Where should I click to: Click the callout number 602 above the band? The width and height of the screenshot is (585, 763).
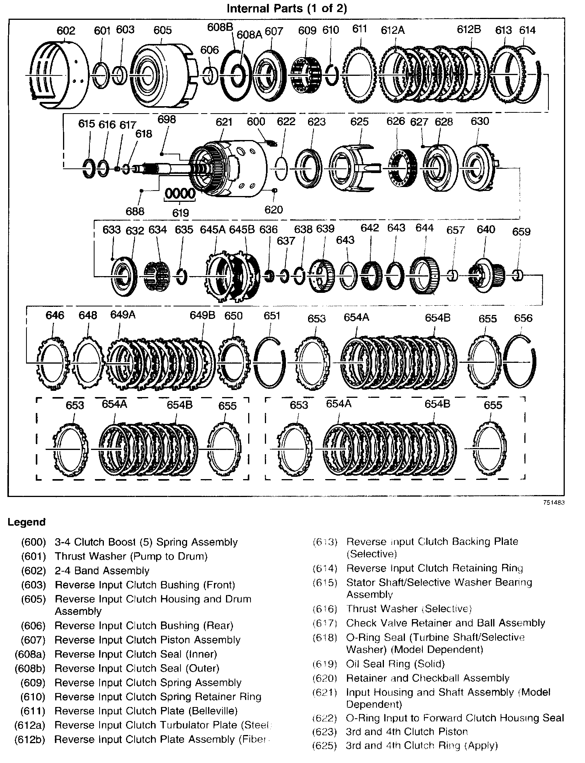66,31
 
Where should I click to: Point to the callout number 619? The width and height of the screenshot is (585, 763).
180,212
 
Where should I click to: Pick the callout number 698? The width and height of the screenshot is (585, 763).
167,119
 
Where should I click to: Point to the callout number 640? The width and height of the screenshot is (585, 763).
486,229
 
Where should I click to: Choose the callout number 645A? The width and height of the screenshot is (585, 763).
213,229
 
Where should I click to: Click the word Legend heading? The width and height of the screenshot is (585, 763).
26,522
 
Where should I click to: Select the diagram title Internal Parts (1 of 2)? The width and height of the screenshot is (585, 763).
287,9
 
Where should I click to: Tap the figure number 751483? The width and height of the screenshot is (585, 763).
554,502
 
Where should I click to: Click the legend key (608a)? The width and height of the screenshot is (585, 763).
30,654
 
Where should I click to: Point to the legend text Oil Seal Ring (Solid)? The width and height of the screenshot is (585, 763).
395,664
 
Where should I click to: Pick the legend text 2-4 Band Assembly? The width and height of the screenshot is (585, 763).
102,570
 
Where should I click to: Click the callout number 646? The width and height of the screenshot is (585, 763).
55,315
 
